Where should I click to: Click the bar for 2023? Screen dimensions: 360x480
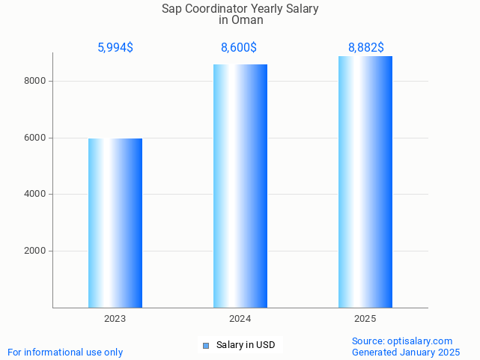point(115,223)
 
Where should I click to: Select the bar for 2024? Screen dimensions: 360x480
point(240,186)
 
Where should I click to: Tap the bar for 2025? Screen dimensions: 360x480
point(365,182)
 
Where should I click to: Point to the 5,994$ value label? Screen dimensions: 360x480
point(115,48)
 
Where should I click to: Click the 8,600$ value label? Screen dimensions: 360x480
point(239,48)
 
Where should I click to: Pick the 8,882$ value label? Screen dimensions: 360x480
point(366,48)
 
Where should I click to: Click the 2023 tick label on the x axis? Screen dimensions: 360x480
point(115,319)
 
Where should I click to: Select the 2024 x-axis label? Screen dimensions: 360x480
point(240,319)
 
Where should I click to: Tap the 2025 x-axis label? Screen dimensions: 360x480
point(365,319)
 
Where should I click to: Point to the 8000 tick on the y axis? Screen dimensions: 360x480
point(35,81)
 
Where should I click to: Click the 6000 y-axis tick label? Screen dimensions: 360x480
point(35,138)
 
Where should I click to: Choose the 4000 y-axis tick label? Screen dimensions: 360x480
point(35,195)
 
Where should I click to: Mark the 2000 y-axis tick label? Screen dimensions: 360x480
point(35,251)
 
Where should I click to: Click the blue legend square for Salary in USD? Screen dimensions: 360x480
point(206,345)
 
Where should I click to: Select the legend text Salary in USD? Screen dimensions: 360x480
point(246,345)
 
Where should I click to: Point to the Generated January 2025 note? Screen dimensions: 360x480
point(406,352)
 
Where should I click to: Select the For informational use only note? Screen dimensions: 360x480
point(65,352)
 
